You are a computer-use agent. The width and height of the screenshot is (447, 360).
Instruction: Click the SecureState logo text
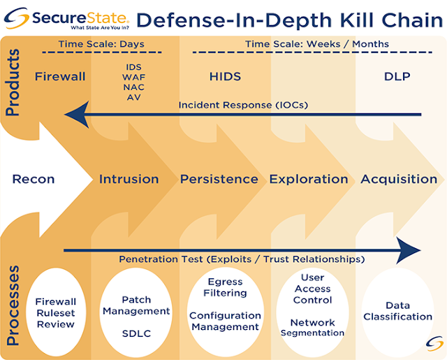[x=78, y=15]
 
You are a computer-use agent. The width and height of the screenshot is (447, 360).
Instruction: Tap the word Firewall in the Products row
[x=60, y=75]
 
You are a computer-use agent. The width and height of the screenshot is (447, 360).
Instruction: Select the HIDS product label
[x=225, y=75]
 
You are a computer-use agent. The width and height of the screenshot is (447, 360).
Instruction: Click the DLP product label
[x=397, y=75]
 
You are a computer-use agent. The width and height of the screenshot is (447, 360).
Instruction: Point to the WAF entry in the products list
[x=134, y=76]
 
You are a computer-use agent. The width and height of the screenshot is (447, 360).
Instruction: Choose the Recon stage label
[x=34, y=179]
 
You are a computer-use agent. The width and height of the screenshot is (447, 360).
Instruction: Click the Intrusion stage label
[x=129, y=179]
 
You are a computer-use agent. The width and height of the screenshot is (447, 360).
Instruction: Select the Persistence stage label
[x=219, y=179]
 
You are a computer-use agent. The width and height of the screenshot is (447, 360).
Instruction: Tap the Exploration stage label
[x=309, y=179]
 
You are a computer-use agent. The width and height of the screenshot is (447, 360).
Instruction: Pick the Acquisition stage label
[x=399, y=179]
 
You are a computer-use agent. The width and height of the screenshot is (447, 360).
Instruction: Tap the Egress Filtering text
[x=226, y=287]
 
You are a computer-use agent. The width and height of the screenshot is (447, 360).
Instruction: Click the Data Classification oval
[x=398, y=311]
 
